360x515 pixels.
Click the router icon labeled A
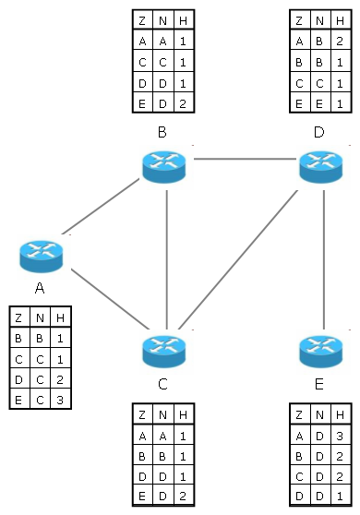[40, 253]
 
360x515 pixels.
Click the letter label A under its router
[40, 288]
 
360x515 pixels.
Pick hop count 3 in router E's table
[338, 436]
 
